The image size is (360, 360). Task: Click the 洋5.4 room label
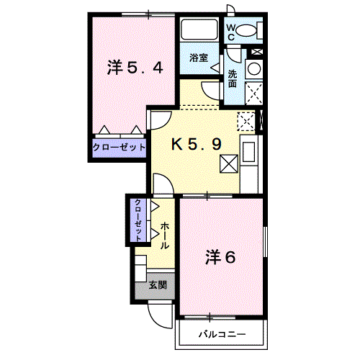(x=135, y=68)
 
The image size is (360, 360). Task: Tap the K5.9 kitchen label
(x=197, y=145)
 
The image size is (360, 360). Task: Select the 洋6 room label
(x=220, y=257)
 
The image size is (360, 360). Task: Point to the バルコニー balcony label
(x=222, y=334)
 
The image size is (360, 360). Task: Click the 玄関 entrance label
(x=158, y=285)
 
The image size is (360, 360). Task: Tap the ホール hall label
(x=165, y=235)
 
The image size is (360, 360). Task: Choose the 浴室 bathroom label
(x=199, y=58)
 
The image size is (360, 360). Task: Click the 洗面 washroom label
(x=233, y=78)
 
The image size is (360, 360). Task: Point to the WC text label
(x=231, y=32)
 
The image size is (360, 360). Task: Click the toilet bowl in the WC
(x=246, y=30)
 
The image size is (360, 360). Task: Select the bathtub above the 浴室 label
(x=199, y=30)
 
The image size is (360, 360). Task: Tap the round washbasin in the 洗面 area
(x=254, y=69)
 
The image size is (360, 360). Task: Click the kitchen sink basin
(x=248, y=152)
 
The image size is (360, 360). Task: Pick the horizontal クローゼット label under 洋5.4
(x=119, y=147)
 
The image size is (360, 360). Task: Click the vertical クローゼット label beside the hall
(x=138, y=220)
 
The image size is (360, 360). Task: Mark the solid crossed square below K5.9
(x=229, y=163)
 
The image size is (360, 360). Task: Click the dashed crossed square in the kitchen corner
(x=246, y=122)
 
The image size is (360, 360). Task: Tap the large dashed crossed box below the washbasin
(x=254, y=94)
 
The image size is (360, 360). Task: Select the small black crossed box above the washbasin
(x=257, y=51)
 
